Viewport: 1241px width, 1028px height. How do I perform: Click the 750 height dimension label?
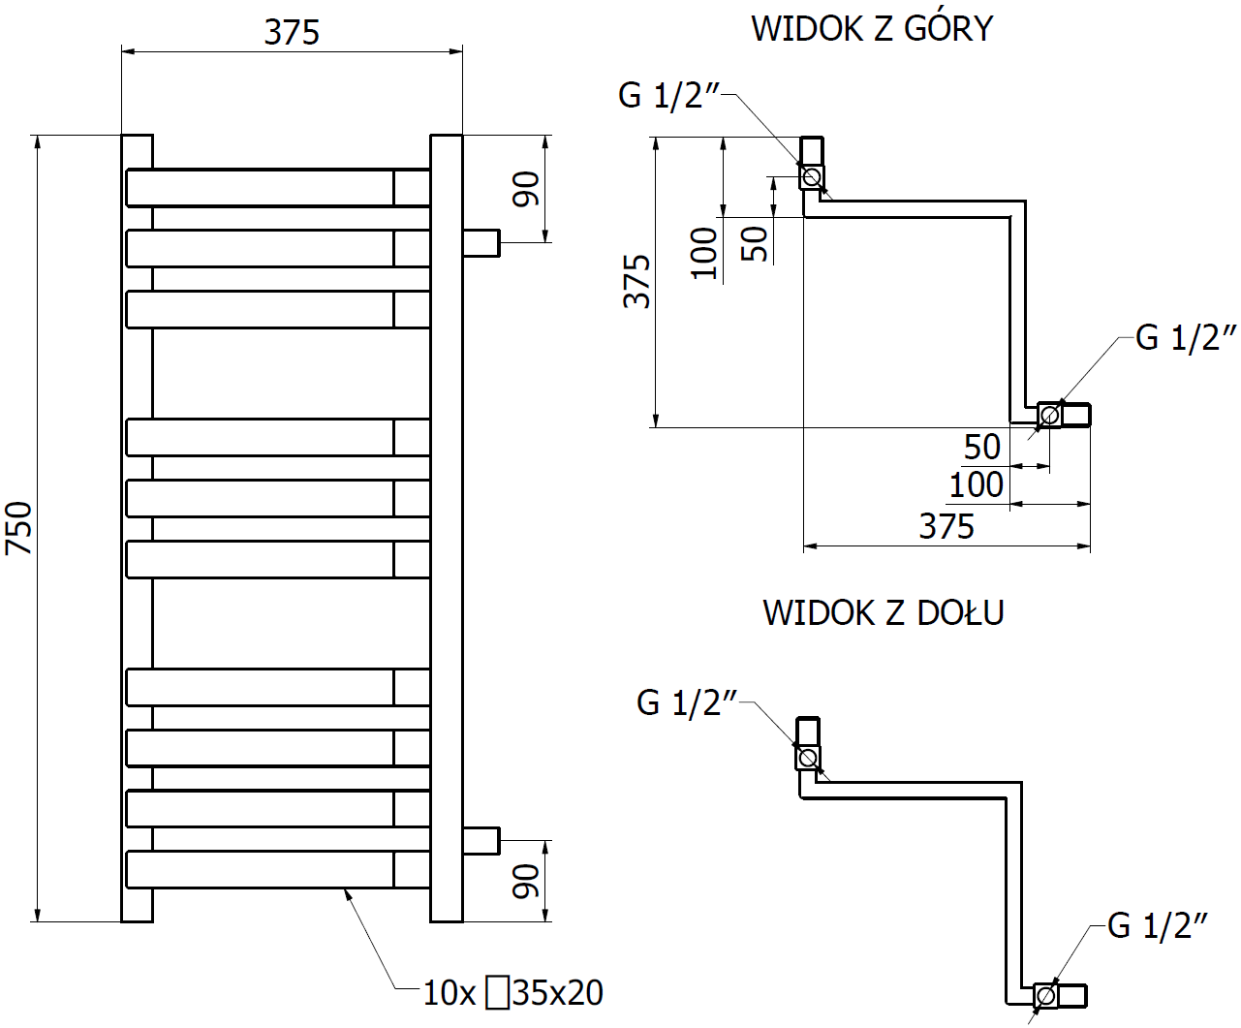[x=19, y=528]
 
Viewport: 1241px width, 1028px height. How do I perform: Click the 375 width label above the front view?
[x=292, y=32]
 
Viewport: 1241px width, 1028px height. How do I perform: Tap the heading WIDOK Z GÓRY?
[x=872, y=28]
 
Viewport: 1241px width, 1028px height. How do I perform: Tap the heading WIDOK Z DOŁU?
[x=883, y=612]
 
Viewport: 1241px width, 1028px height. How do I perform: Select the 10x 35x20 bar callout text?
[x=512, y=992]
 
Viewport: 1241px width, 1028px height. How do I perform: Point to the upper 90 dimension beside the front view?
[x=526, y=188]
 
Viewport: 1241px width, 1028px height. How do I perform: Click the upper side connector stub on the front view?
[x=481, y=242]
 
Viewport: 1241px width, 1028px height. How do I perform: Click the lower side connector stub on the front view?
[x=481, y=840]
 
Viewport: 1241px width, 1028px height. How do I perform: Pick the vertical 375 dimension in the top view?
[x=636, y=282]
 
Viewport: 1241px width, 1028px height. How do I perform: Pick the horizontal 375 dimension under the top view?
[x=946, y=527]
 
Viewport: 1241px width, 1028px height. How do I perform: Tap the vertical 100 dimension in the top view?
[x=704, y=253]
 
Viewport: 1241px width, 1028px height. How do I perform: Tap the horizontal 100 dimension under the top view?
[x=977, y=484]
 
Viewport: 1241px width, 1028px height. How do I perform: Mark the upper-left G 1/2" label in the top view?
[x=669, y=95]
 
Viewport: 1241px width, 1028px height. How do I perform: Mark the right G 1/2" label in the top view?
[x=1186, y=337]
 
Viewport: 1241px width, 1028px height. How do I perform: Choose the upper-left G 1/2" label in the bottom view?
[x=687, y=702]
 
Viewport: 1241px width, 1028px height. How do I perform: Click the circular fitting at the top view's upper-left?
[x=812, y=176]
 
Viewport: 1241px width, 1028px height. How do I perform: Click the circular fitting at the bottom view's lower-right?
[x=1045, y=995]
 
